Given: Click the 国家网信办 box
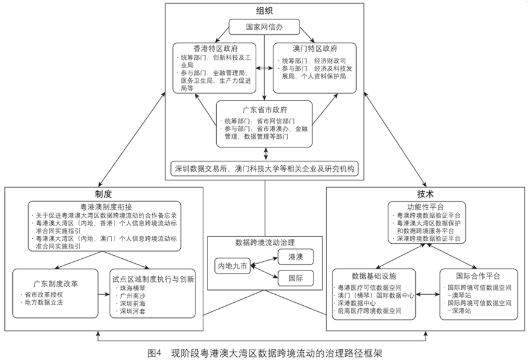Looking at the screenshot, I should pyautogui.click(x=264, y=27).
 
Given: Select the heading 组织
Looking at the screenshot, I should pyautogui.click(x=264, y=10).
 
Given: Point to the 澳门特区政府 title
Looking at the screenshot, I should pyautogui.click(x=314, y=48).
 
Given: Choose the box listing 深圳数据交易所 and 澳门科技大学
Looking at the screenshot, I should pyautogui.click(x=264, y=168).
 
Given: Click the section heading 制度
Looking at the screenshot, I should pyautogui.click(x=103, y=194).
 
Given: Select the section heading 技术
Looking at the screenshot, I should pyautogui.click(x=426, y=194).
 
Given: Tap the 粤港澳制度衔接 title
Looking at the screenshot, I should pyautogui.click(x=104, y=206).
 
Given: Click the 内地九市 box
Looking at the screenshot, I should pyautogui.click(x=232, y=266).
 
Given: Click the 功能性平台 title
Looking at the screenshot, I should pyautogui.click(x=426, y=208).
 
